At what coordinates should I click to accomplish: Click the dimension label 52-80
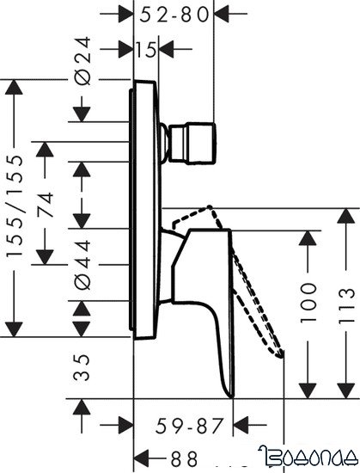176,15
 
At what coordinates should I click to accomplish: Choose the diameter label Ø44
82,264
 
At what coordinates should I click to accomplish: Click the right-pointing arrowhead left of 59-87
120,423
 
